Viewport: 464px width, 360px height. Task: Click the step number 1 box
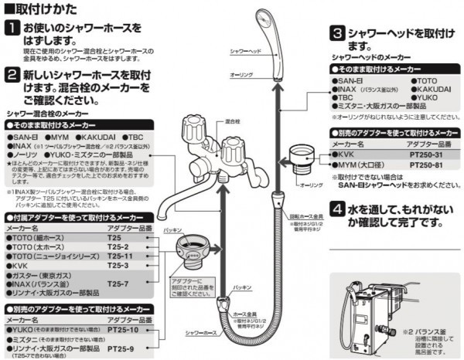pos(12,29)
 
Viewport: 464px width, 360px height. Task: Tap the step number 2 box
pos(12,75)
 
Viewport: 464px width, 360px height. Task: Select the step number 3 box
pos(337,34)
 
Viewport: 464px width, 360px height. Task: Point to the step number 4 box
pos(337,209)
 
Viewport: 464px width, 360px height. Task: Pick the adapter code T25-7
pos(118,284)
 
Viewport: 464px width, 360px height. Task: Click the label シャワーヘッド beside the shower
pos(245,49)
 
